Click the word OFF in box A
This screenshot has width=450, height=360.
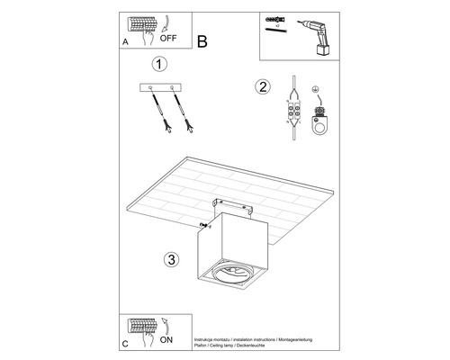point(169,39)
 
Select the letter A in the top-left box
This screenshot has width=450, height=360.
point(125,41)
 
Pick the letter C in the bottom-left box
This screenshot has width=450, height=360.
point(125,342)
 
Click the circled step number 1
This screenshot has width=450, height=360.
point(159,66)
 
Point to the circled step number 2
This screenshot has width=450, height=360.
point(263,87)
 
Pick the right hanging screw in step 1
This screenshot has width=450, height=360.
point(184,112)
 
